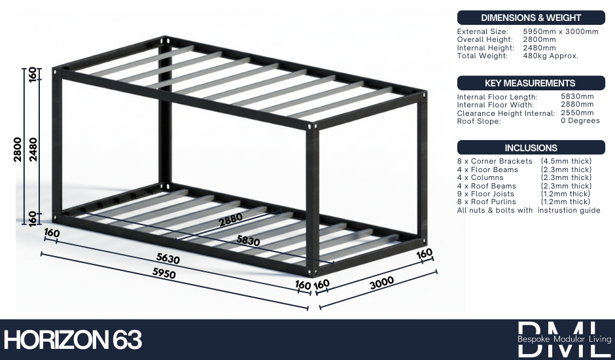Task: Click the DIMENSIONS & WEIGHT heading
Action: pos(531,18)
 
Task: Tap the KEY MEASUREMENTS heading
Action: pos(530,83)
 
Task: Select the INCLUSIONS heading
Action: pos(531,148)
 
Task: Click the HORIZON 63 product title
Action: pos(73,340)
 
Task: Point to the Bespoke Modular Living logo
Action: pos(565,339)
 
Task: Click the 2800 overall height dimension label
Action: pos(18,149)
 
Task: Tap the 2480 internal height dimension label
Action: pos(33,149)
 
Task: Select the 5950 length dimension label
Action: pos(164,273)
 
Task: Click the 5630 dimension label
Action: pos(168,259)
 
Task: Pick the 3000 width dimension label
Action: pos(381,283)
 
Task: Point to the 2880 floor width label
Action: pos(230,220)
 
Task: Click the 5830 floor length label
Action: pos(248,240)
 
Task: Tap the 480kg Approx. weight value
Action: pos(550,56)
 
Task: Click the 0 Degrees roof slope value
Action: pos(580,120)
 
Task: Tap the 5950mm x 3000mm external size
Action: pos(561,31)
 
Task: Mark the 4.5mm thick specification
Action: pos(566,161)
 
